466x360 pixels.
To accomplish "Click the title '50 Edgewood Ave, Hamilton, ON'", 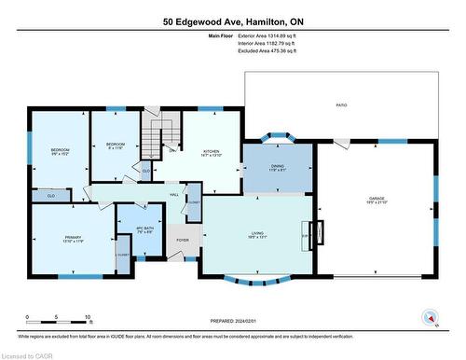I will point(233,21).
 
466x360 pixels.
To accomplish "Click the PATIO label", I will point(341,105).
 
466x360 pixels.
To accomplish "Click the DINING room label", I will point(278,167).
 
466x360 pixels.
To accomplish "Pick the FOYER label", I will point(183,240).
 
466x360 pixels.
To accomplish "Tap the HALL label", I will point(173,194).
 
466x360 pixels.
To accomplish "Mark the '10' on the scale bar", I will point(87,319).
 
